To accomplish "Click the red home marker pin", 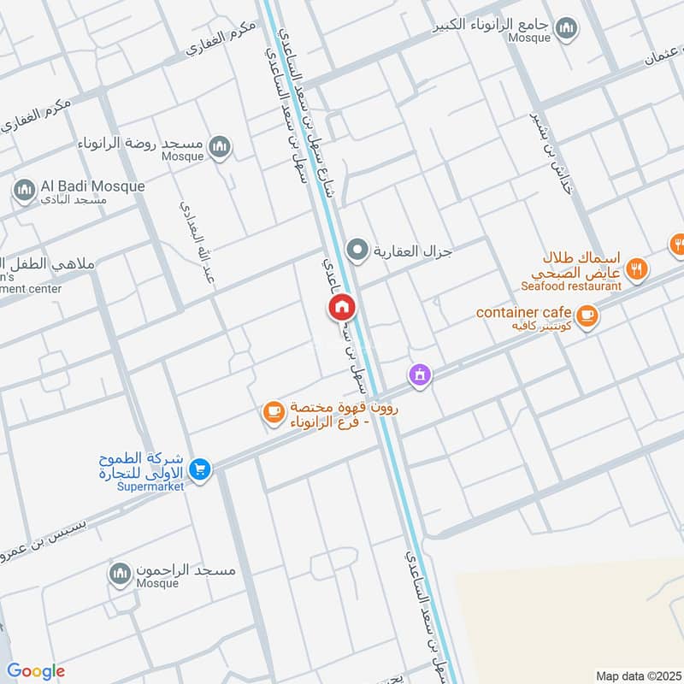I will [342, 307].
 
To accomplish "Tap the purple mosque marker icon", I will [419, 374].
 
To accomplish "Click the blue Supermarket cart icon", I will [200, 469].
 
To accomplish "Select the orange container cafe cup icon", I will [587, 315].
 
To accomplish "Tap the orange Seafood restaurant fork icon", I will [636, 270].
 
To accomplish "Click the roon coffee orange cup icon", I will [273, 412].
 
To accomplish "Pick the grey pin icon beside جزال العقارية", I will [357, 251].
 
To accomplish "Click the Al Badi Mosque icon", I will [24, 189].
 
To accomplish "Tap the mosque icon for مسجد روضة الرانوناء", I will [220, 147].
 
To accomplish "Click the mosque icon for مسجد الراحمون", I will [121, 574].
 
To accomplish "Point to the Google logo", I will [36, 671].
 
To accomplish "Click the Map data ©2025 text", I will [637, 675].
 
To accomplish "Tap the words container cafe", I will [523, 312].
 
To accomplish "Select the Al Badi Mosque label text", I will [92, 186].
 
